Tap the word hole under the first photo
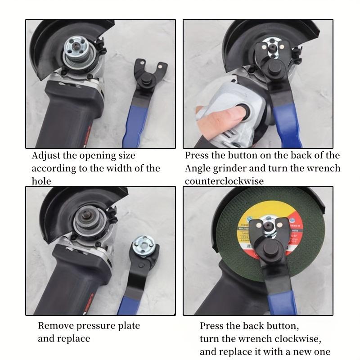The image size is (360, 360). [41, 181]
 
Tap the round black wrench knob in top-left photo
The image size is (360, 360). [145, 83]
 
